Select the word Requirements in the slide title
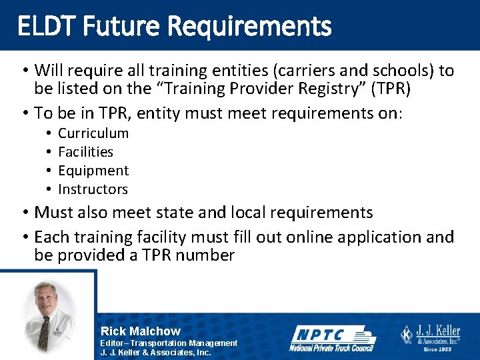click(250, 26)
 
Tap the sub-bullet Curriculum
click(93, 133)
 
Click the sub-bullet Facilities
click(85, 151)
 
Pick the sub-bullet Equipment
click(93, 170)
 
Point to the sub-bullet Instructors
click(93, 189)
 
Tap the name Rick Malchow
click(140, 331)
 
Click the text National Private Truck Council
click(331, 347)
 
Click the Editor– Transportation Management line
click(169, 343)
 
